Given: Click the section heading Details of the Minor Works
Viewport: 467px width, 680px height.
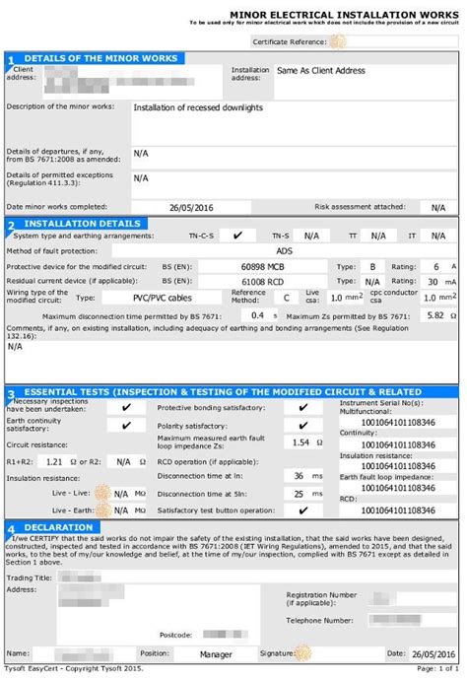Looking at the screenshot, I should [x=100, y=58].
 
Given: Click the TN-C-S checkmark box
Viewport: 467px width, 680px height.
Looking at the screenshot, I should [x=236, y=237].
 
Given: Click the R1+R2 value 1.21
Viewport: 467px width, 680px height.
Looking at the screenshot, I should [x=55, y=460].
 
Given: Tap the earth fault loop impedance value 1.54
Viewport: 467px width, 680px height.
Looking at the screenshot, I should [x=300, y=443].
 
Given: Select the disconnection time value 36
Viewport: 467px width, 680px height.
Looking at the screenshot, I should [x=300, y=475].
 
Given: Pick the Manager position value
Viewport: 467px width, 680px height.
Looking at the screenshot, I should [x=216, y=652].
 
